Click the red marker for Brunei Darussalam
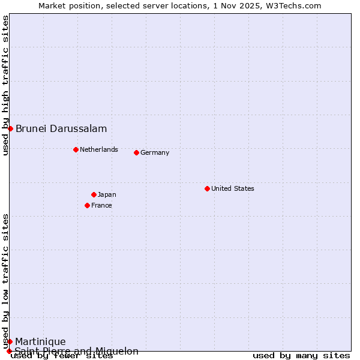(10, 128)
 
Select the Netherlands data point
(76, 149)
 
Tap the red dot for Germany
(136, 152)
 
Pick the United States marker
(207, 188)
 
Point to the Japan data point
(94, 194)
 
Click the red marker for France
(87, 205)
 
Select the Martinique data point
(10, 341)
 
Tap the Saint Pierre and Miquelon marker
(9, 351)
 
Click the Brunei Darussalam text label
(61, 128)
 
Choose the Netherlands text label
(99, 149)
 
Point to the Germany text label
(155, 152)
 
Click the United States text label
(233, 188)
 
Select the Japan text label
(107, 194)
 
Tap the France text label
(101, 205)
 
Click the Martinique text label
(40, 341)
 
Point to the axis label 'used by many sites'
(301, 355)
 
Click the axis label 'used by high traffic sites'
(5, 85)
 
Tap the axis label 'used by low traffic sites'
(5, 281)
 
